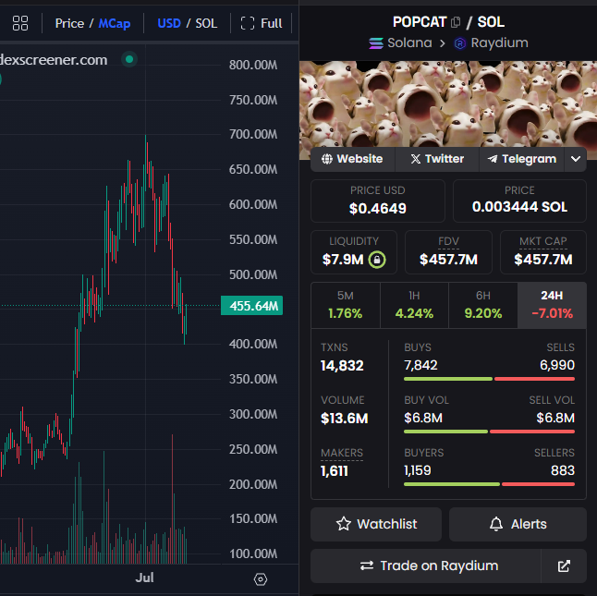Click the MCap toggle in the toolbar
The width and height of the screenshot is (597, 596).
115,24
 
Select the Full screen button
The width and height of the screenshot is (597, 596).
262,24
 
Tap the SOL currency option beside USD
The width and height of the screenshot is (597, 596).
206,24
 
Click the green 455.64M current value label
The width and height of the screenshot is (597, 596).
251,306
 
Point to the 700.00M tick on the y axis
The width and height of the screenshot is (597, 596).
253,134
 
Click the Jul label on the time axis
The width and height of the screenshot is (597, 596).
145,578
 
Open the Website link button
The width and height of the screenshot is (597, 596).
353,159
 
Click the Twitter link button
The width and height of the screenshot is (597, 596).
437,159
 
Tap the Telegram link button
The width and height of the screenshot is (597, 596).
522,159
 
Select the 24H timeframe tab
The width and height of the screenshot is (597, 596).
552,305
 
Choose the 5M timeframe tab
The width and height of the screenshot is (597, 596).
346,305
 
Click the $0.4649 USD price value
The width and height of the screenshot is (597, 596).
378,208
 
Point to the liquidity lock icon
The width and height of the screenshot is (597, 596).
377,260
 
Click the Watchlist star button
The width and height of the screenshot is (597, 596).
376,524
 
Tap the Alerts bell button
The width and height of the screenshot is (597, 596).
518,524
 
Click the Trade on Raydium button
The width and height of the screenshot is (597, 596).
426,566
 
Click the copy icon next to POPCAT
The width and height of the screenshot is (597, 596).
456,22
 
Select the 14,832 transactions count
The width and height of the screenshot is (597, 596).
342,366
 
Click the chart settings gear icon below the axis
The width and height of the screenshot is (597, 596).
261,579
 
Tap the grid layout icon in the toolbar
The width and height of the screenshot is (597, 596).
20,23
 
